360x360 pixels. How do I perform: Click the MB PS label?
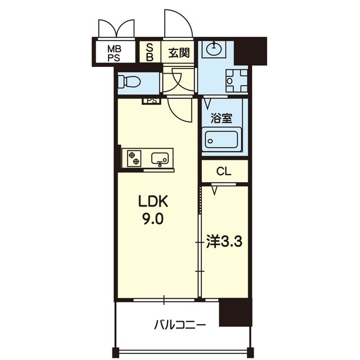(x=115, y=53)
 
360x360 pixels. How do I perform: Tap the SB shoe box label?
(x=150, y=52)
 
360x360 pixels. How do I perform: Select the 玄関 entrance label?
(x=179, y=53)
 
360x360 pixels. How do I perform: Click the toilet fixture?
(x=129, y=82)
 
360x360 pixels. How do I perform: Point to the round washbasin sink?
(x=214, y=49)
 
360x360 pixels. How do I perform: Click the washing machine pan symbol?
(x=237, y=81)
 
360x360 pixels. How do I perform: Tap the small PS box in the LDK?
(x=151, y=101)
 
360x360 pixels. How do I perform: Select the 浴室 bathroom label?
(x=221, y=118)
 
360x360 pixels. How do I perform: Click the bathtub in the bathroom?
(x=222, y=140)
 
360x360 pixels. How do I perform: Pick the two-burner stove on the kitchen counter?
(x=134, y=158)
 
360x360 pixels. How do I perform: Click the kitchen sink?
(x=160, y=159)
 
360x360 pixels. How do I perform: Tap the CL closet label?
(x=224, y=171)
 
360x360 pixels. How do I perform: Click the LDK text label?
(x=154, y=201)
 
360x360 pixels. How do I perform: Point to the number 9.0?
(x=154, y=219)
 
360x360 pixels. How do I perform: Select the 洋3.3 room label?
(x=224, y=241)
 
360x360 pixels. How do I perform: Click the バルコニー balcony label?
(x=180, y=325)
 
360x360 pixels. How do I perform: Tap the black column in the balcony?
(x=236, y=312)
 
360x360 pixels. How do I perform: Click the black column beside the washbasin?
(x=250, y=51)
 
